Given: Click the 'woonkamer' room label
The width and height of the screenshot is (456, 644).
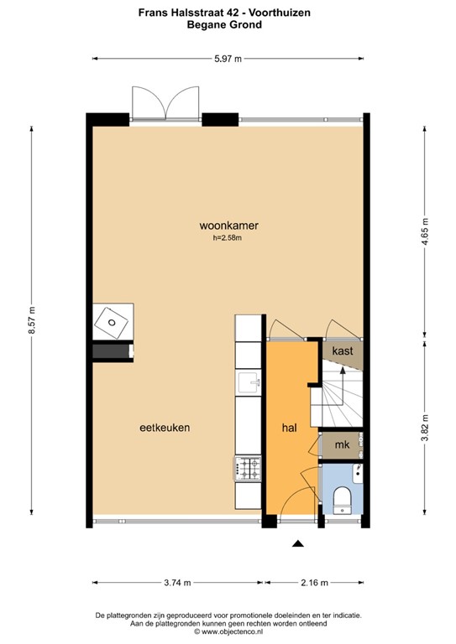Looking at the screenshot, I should (x=228, y=226).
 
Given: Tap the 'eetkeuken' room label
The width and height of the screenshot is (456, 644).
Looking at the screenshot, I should (x=165, y=428).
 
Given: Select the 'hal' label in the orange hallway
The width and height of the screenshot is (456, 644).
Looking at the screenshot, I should (x=290, y=428).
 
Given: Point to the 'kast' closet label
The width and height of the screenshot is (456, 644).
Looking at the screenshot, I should (x=342, y=351).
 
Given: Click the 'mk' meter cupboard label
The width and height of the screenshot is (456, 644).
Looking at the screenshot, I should (x=342, y=445).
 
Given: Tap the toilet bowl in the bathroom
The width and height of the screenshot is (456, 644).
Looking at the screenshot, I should (x=343, y=500).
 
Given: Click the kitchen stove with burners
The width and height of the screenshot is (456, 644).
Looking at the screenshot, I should (x=249, y=468).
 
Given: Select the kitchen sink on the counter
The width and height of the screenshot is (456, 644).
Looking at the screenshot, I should (x=249, y=384).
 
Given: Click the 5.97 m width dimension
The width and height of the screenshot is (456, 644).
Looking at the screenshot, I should (x=228, y=59).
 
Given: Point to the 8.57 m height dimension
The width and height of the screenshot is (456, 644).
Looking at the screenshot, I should (x=32, y=319).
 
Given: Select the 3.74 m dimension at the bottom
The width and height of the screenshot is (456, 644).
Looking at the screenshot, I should (x=176, y=583).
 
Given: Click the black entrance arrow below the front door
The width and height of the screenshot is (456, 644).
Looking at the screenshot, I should (x=296, y=543).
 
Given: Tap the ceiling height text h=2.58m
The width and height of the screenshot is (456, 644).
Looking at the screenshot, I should (x=228, y=238).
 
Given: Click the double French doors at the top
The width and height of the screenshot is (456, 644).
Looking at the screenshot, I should (x=165, y=104).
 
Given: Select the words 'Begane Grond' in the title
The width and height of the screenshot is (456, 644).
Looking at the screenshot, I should (x=228, y=25).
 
